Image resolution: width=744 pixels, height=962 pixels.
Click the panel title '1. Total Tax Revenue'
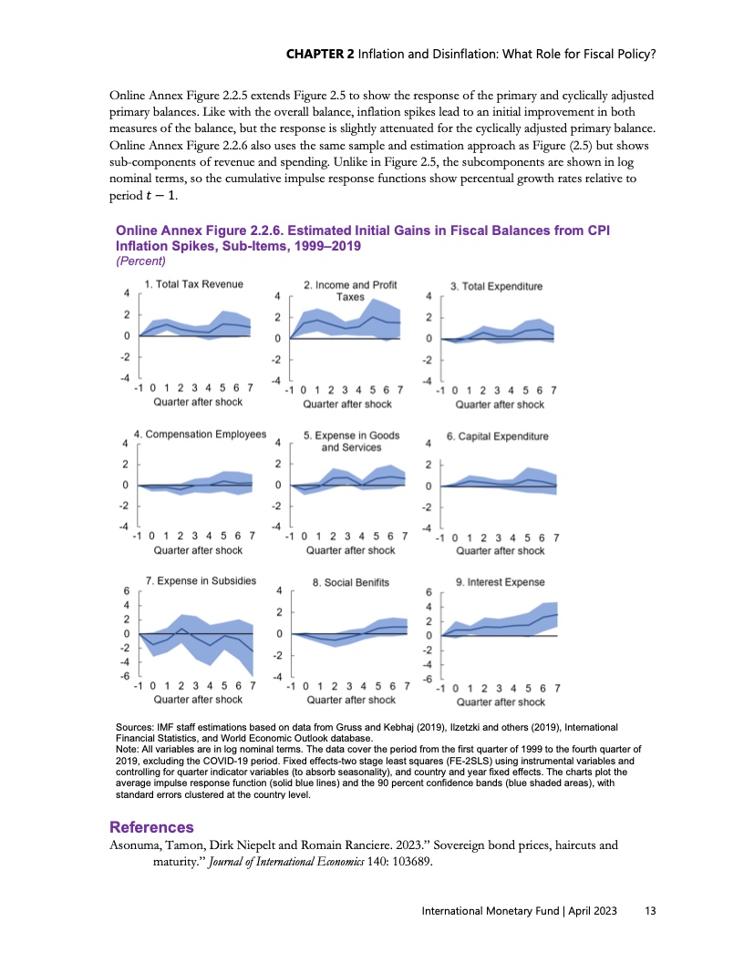click(193, 284)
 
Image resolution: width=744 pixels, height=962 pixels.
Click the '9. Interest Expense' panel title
click(500, 581)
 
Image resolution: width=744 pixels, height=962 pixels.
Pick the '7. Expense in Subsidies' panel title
click(201, 580)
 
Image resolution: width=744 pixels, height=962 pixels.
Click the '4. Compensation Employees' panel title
click(200, 435)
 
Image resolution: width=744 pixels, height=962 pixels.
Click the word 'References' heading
click(151, 827)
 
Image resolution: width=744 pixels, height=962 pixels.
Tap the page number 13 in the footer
click(650, 912)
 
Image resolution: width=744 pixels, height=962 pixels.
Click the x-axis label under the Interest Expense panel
click(501, 702)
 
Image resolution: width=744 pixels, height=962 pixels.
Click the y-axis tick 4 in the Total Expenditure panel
click(429, 297)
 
